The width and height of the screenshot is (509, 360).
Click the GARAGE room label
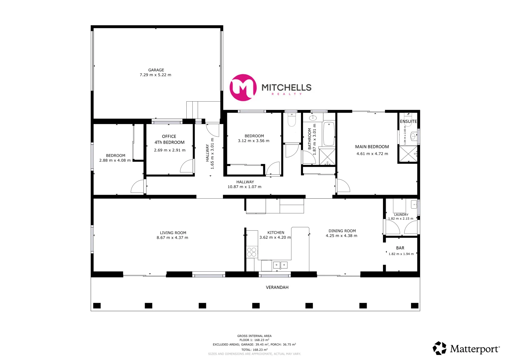click(156, 70)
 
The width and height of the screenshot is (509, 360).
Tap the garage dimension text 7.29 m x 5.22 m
click(155, 75)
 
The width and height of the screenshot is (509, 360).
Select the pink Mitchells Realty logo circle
click(243, 88)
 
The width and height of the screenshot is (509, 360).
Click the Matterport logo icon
click(439, 348)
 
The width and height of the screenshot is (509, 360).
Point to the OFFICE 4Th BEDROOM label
click(169, 139)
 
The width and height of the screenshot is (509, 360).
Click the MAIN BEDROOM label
click(372, 147)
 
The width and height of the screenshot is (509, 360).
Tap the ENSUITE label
click(408, 121)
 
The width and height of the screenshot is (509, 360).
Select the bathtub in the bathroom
click(329, 134)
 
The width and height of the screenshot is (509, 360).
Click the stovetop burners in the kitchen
click(252, 252)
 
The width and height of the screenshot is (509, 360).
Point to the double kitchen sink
click(280, 265)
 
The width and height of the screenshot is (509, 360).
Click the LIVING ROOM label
click(173, 233)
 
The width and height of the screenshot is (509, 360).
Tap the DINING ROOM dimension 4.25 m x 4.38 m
click(341, 236)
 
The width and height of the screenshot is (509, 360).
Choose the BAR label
click(400, 248)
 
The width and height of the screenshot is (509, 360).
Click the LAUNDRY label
click(401, 215)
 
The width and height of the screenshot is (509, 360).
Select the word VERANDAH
click(277, 287)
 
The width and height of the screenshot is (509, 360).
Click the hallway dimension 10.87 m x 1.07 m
click(244, 187)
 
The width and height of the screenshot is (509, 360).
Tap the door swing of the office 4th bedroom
click(187, 166)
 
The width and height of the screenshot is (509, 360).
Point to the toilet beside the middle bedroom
click(292, 121)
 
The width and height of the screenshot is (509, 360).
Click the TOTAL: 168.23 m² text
click(254, 350)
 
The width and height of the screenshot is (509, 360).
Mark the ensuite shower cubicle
click(408, 154)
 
